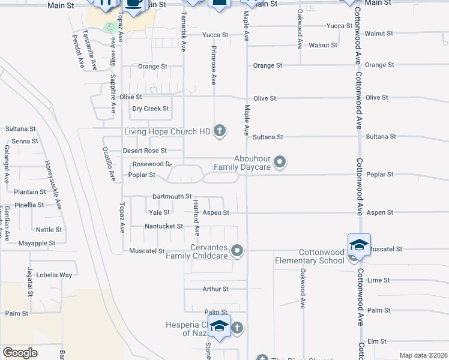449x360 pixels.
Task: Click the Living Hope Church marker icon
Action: point(220,130)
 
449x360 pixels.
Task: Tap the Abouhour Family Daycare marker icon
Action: point(280,162)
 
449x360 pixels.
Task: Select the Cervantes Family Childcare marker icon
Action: point(238,251)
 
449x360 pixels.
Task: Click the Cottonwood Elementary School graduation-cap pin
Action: point(359,246)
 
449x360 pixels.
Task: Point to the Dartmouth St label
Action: point(172,196)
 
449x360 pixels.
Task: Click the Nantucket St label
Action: point(164,226)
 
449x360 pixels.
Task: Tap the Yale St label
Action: point(159,212)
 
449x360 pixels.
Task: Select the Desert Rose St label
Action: point(145,151)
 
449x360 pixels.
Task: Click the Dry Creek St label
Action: point(151,109)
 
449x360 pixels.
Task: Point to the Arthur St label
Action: point(215,289)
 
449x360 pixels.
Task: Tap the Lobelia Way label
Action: point(53,275)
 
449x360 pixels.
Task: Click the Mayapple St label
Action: point(37,244)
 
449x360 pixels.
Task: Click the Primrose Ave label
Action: point(214,67)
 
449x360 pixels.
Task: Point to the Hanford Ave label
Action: point(196,217)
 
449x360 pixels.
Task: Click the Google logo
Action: point(20,353)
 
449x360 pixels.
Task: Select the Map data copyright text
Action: point(423,355)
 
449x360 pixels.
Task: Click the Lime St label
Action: point(378,280)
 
